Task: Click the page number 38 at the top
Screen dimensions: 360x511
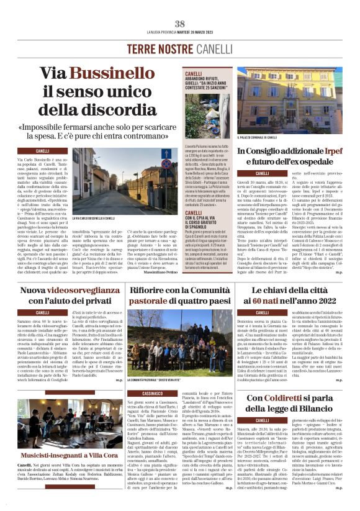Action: (x=180, y=24)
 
